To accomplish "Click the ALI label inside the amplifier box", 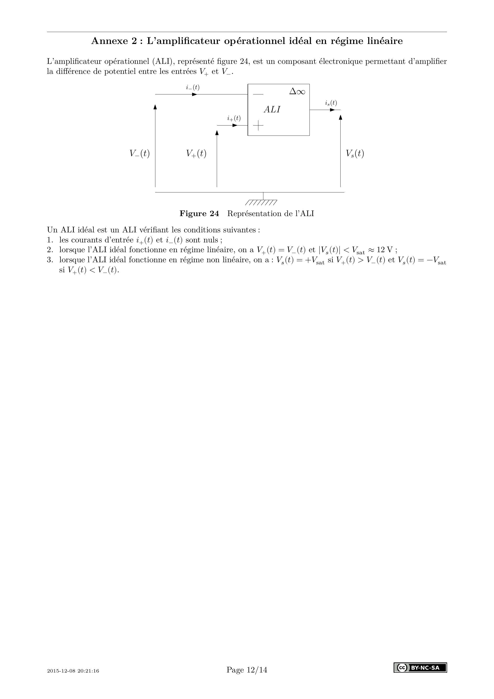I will [272, 109].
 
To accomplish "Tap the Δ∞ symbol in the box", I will [297, 91].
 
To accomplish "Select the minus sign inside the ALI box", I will [258, 94].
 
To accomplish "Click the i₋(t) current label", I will [193, 87].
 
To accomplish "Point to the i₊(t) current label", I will [234, 118].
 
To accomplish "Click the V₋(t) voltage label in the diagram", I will [139, 153].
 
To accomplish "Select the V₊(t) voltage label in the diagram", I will [196, 153].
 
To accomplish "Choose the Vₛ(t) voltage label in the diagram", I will [355, 153].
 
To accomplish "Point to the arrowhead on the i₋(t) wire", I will [195, 94].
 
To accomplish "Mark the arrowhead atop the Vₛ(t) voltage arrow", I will [340, 117].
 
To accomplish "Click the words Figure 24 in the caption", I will [199, 214].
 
